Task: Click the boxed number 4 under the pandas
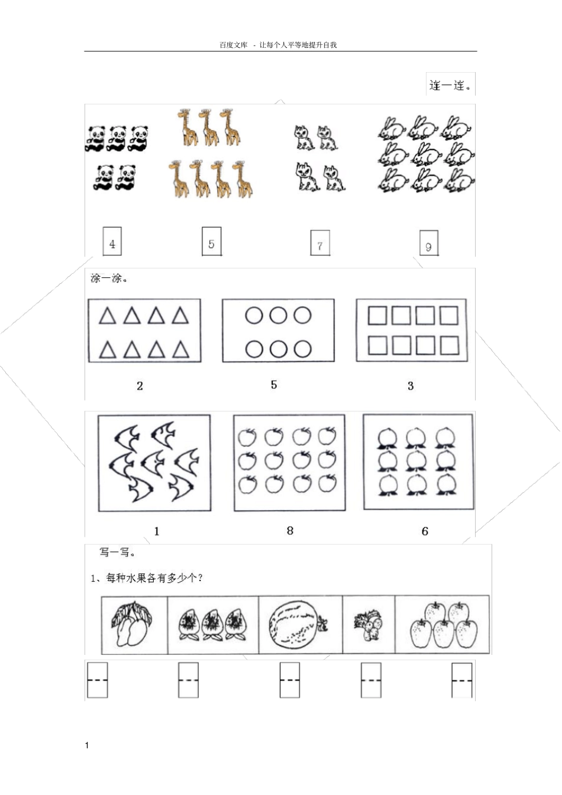point(112,241)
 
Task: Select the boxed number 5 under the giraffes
point(212,241)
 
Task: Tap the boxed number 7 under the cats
point(320,243)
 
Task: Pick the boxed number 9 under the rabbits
point(429,243)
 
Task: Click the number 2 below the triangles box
point(140,386)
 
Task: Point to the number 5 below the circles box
point(274,385)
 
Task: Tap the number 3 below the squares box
point(411,386)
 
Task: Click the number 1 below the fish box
point(157,531)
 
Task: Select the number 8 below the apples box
point(290,531)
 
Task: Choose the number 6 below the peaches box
point(425,531)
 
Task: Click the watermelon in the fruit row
point(295,625)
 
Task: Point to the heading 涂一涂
point(109,278)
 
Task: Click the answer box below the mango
point(98,680)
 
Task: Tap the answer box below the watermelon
point(290,680)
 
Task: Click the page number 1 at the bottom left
point(87,745)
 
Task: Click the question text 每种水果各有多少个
point(154,579)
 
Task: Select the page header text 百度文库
point(234,45)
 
